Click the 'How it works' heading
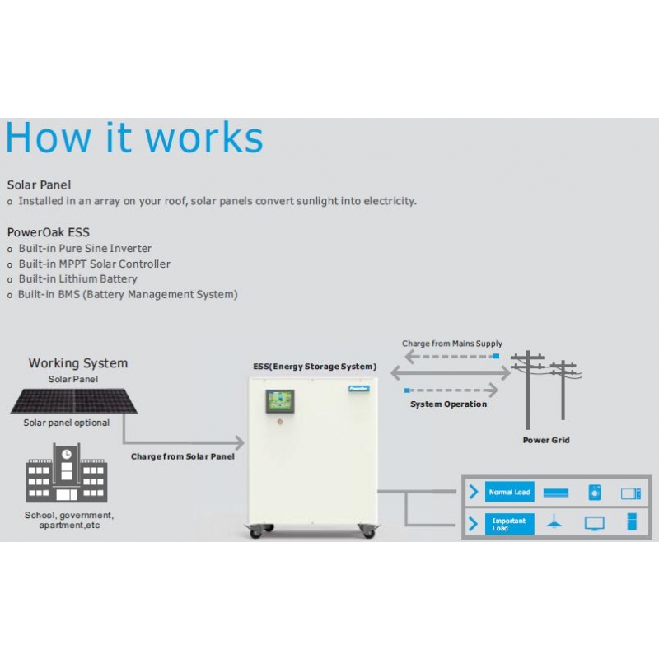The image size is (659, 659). click(134, 138)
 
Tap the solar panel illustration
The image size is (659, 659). click(74, 400)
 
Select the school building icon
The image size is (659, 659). click(67, 473)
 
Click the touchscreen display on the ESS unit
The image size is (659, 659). click(280, 401)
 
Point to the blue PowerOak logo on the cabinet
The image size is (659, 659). click(359, 388)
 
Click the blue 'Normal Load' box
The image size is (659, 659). click(509, 492)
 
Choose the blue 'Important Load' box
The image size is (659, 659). click(509, 524)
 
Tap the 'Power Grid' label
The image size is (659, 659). click(546, 440)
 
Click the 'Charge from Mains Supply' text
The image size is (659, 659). click(452, 344)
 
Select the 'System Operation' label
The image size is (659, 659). click(448, 404)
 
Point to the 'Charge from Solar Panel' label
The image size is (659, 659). click(183, 456)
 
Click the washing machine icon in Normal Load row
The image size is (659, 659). click(595, 492)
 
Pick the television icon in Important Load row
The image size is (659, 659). click(595, 524)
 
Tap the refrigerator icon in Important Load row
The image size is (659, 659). click(632, 521)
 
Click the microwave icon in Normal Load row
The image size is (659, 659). click(631, 493)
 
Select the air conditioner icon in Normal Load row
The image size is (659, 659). click(556, 493)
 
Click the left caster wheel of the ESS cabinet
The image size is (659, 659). click(256, 532)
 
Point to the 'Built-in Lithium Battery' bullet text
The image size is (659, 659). click(78, 278)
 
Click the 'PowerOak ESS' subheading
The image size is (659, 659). click(49, 232)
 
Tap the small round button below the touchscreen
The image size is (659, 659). click(280, 421)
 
